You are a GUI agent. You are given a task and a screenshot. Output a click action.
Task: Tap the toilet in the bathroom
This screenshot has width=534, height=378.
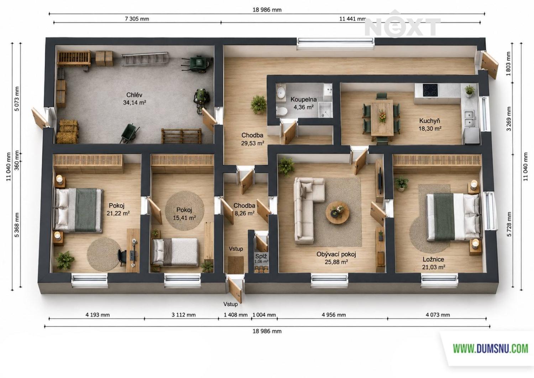pos(282,111)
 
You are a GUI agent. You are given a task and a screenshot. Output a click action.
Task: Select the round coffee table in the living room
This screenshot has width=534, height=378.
pos(337,213)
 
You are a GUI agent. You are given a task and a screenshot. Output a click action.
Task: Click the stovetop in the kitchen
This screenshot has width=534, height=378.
pos(430,90)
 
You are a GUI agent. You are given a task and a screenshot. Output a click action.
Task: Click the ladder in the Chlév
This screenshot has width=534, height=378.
pos(145,59)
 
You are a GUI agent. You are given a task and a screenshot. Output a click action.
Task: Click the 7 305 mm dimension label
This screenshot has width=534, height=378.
pos(137,19)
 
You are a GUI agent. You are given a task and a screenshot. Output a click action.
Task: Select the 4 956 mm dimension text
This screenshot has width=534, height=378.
pos(334,315)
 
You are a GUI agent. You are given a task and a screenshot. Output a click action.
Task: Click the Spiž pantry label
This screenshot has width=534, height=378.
pos(261,257)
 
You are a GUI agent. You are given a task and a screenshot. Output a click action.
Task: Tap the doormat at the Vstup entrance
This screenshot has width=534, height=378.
pos(236,265)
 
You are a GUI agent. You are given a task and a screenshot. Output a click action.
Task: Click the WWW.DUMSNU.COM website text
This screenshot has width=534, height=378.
pos(490,349)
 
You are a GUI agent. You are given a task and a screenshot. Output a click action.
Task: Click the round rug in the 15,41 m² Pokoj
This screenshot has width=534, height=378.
pos(185,210)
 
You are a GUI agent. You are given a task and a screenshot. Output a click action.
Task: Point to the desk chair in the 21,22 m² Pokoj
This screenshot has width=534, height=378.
pos(122,257)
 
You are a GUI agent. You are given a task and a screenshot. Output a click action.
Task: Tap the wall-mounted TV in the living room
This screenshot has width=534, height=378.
pos(381,181)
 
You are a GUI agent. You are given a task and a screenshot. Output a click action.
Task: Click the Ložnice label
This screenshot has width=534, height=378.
pos(433,259)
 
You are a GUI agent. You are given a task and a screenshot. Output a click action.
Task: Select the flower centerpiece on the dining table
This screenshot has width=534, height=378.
pos(382,116)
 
